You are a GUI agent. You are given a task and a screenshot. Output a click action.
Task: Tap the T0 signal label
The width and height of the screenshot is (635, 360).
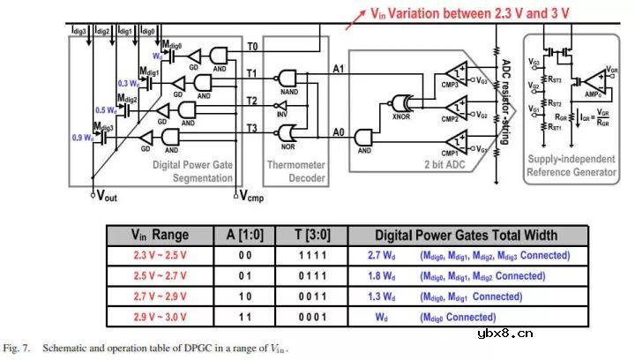pyautogui.click(x=252, y=46)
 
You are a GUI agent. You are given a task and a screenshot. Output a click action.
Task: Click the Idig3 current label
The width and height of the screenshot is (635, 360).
pyautogui.click(x=78, y=32)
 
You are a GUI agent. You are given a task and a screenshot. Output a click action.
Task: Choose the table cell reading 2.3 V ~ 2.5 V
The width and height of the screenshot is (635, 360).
pyautogui.click(x=160, y=257)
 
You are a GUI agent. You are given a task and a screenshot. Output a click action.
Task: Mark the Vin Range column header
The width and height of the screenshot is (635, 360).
pyautogui.click(x=160, y=236)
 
